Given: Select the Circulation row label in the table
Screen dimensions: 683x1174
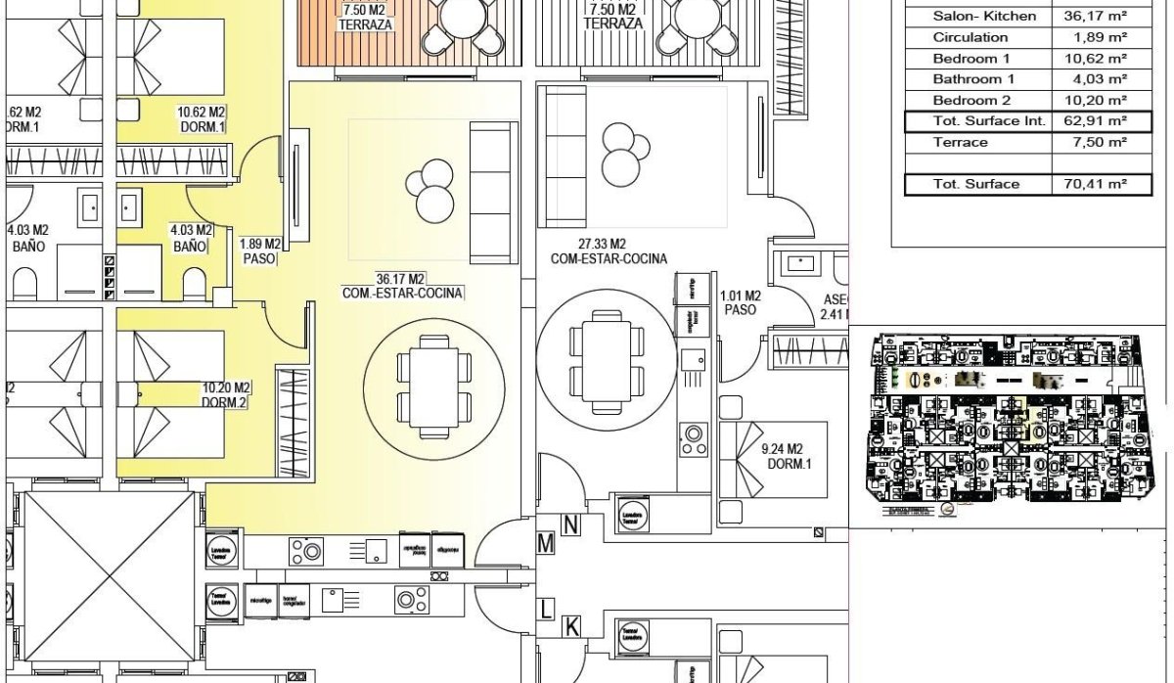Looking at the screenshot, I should click(x=970, y=37).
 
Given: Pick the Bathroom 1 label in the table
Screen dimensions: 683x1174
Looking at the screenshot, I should click(x=973, y=79).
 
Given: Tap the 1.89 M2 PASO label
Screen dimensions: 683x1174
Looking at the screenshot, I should click(x=260, y=251).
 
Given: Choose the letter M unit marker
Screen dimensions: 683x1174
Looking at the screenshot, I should click(x=546, y=542).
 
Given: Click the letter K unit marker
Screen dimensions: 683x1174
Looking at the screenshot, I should click(x=571, y=626).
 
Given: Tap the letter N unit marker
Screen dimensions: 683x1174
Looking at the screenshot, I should click(x=571, y=525).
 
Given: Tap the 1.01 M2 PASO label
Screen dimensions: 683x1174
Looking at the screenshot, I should click(x=740, y=301).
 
